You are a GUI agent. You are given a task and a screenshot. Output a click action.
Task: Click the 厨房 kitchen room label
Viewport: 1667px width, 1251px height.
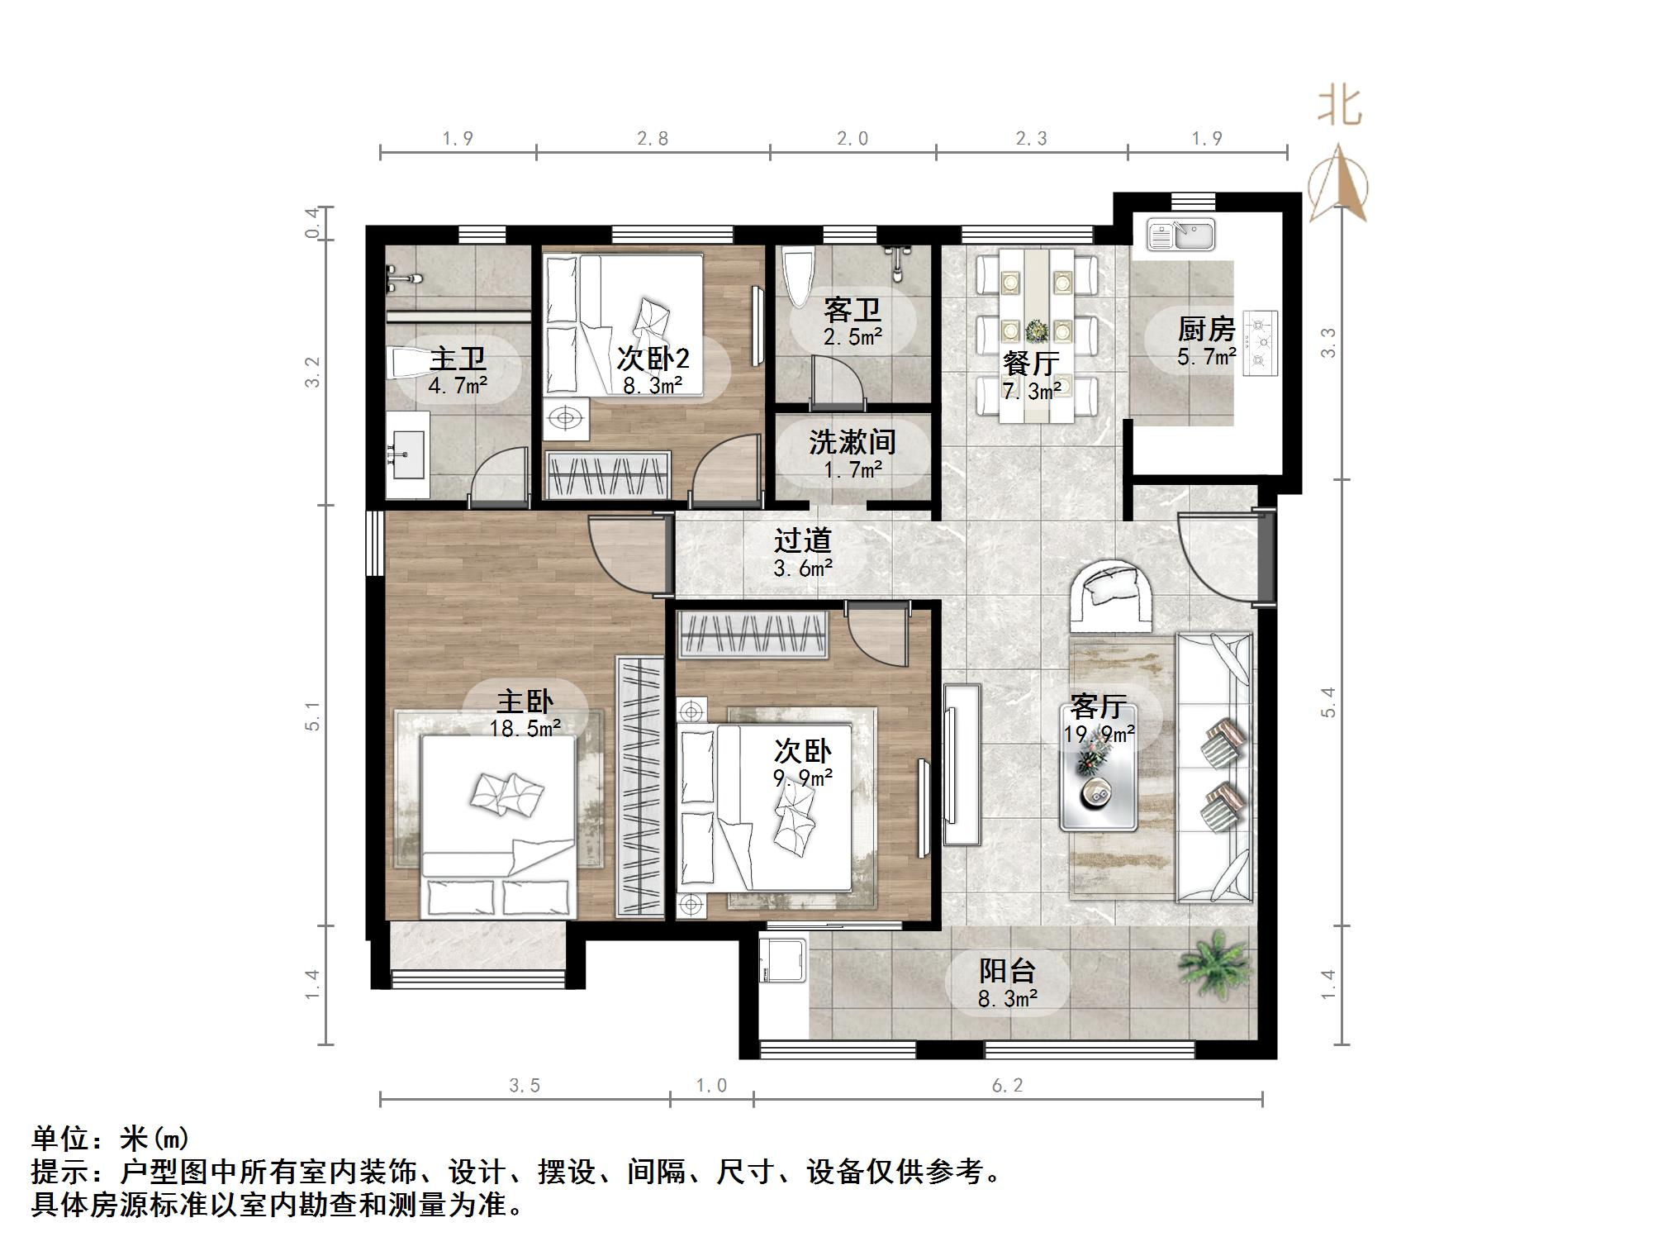(x=1205, y=330)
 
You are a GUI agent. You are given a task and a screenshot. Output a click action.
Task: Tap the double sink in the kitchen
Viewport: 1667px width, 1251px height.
(x=1180, y=235)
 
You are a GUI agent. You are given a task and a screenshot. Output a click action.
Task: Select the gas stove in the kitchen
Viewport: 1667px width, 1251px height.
(x=1261, y=343)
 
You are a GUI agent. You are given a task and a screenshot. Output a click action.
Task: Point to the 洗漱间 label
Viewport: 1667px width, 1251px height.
(x=852, y=442)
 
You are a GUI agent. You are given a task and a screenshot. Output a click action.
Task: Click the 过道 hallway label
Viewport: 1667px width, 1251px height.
(x=802, y=541)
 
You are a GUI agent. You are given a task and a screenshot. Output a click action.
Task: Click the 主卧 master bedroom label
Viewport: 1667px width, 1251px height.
(x=524, y=702)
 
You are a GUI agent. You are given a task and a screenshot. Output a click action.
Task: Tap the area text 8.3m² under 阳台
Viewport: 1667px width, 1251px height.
(x=1007, y=999)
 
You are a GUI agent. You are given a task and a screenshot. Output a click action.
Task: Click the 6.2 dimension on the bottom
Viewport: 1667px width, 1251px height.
(x=1007, y=1086)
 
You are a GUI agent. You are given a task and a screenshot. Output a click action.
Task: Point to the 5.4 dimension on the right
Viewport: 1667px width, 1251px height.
(x=1327, y=702)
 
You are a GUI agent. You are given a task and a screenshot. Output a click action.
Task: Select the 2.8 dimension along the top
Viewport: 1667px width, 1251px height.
(x=653, y=139)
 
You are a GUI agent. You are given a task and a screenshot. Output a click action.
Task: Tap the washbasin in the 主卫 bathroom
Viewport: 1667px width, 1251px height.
(x=407, y=454)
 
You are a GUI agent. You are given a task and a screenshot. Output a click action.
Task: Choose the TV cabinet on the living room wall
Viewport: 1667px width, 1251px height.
(x=961, y=763)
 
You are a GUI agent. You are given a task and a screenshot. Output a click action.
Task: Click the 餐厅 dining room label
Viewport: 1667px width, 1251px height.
(x=1030, y=363)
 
